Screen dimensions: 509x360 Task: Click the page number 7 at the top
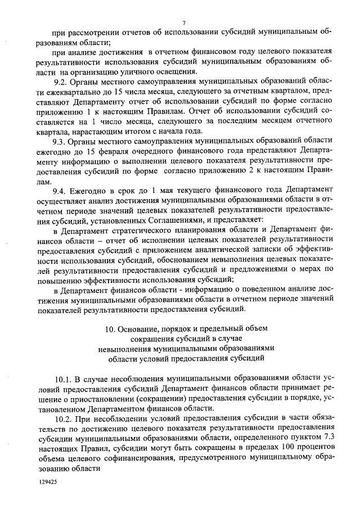click(x=184, y=21)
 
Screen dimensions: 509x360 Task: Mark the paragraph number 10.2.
click(x=65, y=419)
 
